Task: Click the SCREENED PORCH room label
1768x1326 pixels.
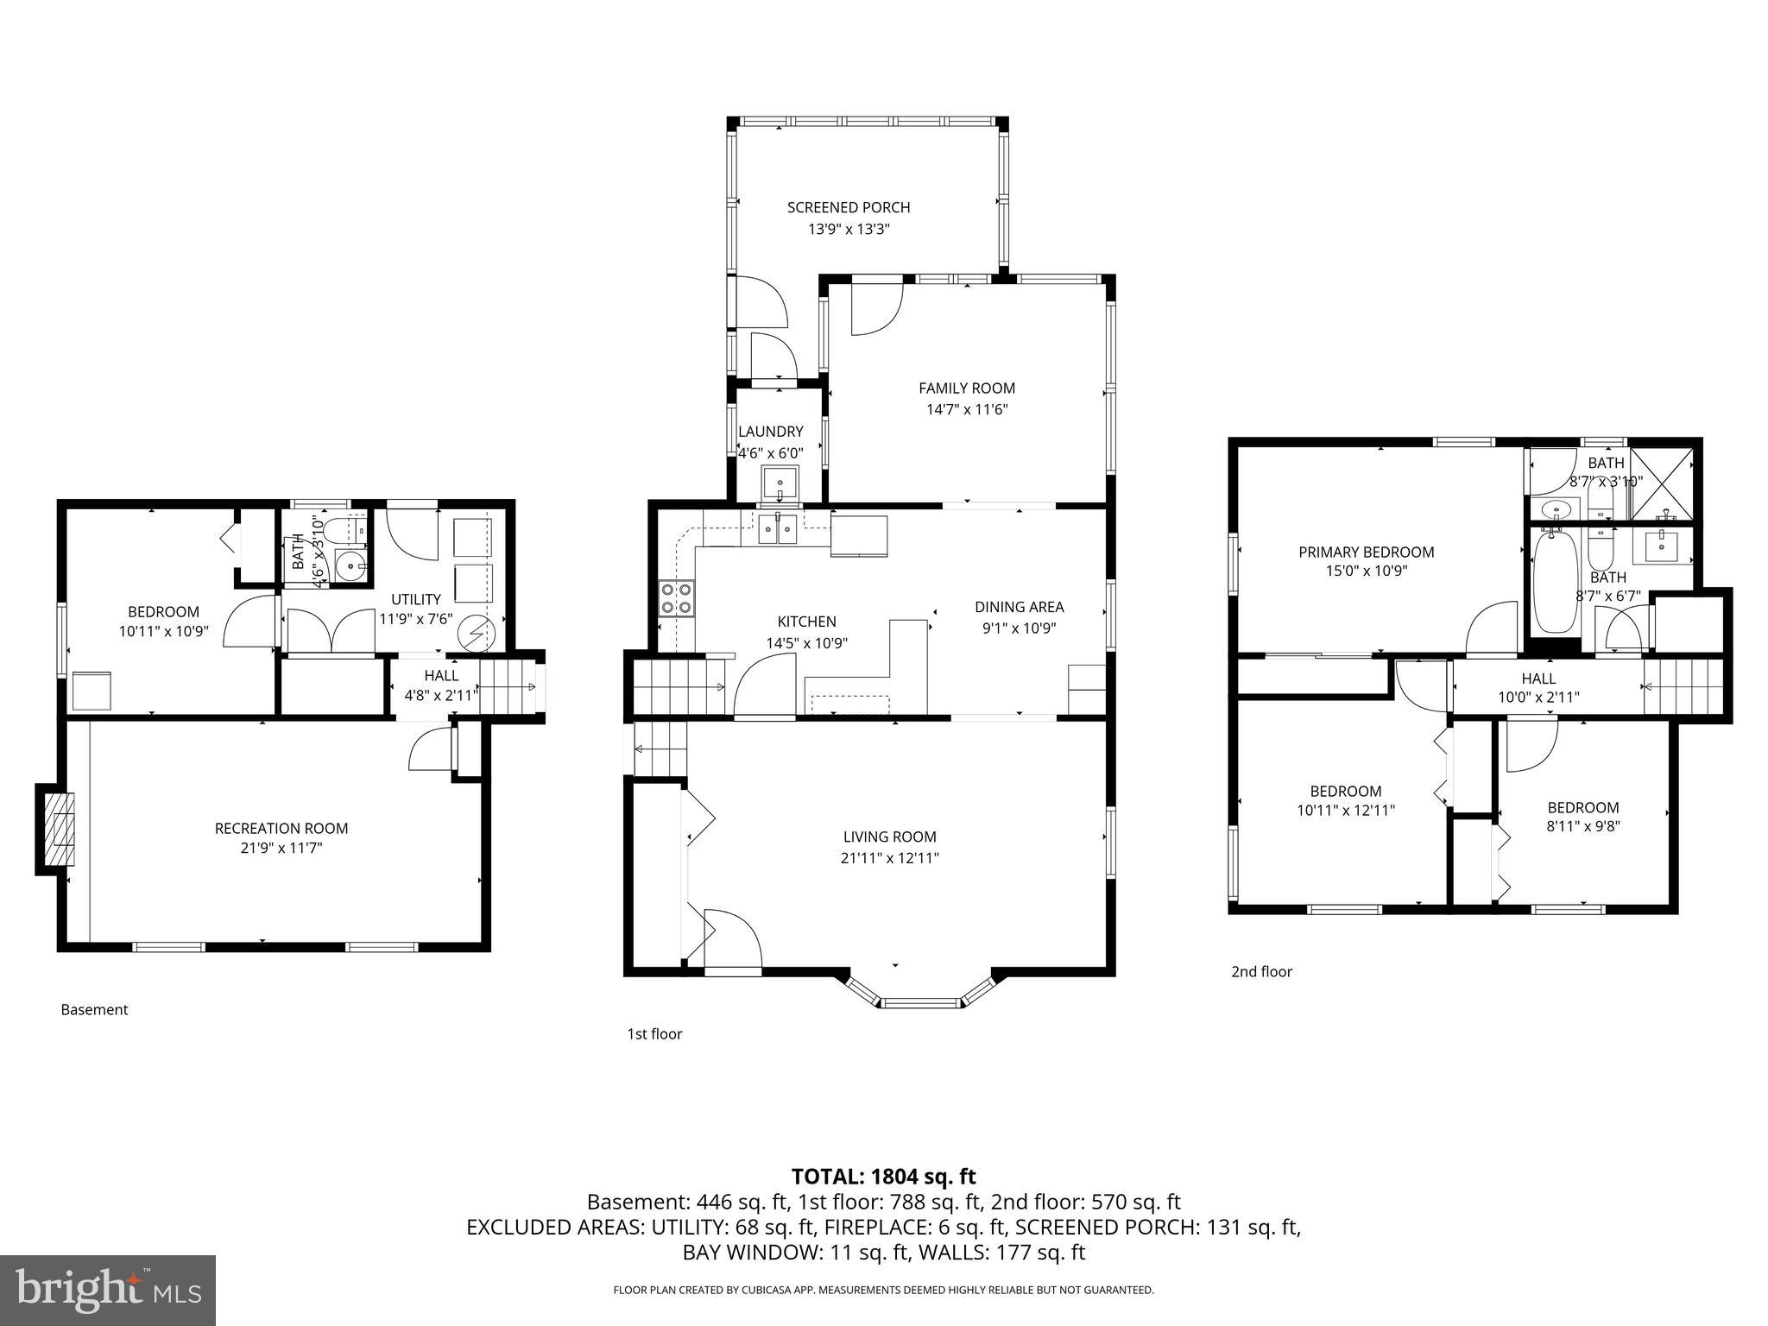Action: coord(848,207)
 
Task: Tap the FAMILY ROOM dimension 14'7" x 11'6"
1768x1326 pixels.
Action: coord(966,410)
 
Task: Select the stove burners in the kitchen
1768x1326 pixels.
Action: coord(677,598)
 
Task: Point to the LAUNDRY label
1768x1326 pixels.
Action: coord(770,432)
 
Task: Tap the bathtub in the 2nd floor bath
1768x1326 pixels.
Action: coord(1555,583)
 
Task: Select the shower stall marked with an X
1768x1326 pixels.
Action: coord(1662,484)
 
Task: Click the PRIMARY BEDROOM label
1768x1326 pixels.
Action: coord(1366,552)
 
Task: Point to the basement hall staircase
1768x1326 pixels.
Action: coord(508,687)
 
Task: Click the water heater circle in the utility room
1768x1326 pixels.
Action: coord(473,634)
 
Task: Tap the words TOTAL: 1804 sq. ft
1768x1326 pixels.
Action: coord(883,1176)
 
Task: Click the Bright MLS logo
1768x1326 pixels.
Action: coord(107,1290)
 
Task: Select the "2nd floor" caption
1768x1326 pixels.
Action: coord(1261,972)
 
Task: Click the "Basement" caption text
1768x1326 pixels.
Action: coord(94,1010)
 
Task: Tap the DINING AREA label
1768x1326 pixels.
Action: coord(1019,607)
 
